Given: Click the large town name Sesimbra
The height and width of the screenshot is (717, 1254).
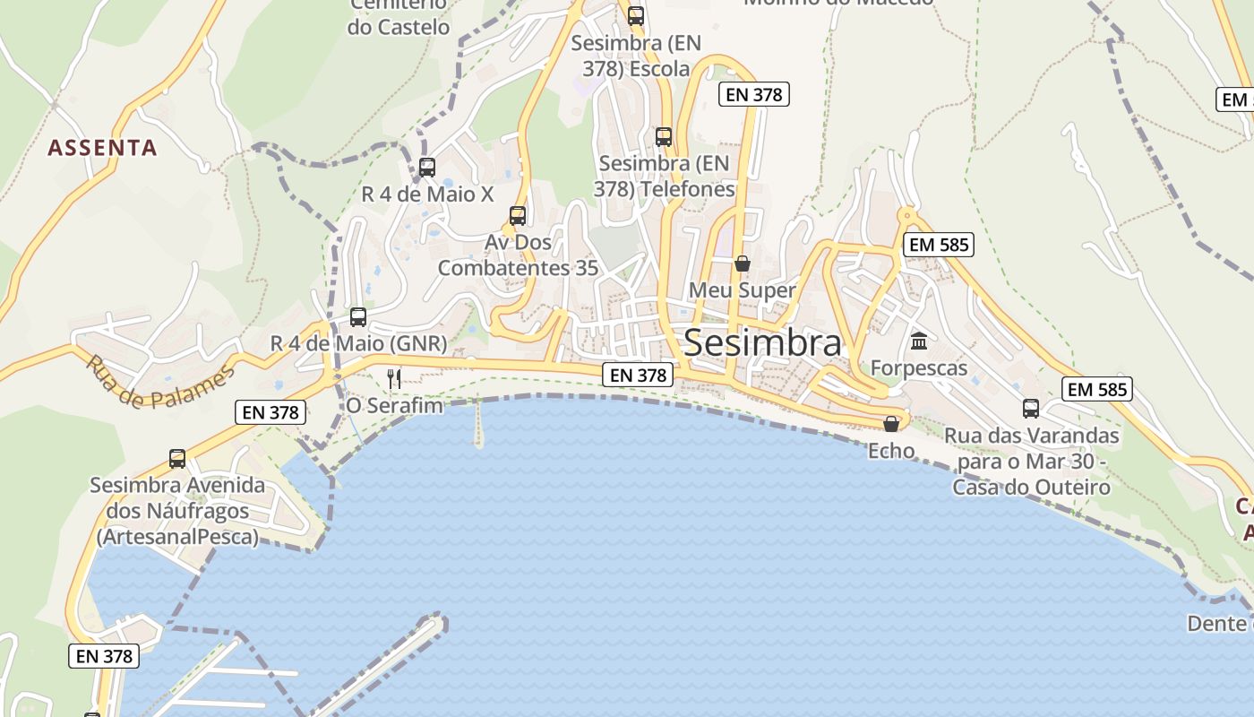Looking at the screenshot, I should tap(762, 342).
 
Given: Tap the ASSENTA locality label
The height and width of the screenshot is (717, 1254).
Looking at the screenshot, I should tap(102, 148).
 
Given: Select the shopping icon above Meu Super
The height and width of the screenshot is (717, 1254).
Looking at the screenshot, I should tap(743, 263).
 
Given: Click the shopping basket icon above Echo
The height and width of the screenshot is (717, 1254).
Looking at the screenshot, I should tap(891, 424).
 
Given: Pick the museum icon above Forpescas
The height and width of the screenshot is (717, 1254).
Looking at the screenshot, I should tap(919, 341).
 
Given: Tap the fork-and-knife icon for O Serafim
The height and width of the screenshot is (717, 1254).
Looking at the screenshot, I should tap(394, 378).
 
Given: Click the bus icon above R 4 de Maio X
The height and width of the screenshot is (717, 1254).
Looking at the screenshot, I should tap(427, 168).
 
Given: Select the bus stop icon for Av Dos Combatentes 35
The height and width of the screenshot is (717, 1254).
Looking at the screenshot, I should tap(518, 216).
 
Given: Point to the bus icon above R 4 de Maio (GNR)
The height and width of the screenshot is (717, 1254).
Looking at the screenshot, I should tap(358, 317).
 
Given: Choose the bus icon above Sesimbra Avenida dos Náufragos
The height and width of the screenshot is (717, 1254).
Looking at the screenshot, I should tap(177, 459).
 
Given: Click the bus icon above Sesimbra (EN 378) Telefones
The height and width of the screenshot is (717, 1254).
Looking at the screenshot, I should tap(664, 137).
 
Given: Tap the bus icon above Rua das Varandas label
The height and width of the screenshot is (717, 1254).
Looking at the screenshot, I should tap(1031, 409).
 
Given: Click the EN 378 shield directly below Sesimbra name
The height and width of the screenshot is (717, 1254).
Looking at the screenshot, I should tap(638, 376).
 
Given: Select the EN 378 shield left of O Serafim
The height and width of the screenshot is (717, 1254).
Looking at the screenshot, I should tap(271, 412).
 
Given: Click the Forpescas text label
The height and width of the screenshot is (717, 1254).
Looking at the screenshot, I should tap(919, 368).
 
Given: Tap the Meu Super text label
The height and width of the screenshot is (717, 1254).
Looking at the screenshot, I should tap(742, 290).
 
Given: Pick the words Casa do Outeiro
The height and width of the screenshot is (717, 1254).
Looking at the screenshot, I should tap(1031, 488).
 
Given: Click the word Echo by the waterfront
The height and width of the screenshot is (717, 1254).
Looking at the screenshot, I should tap(891, 451).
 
